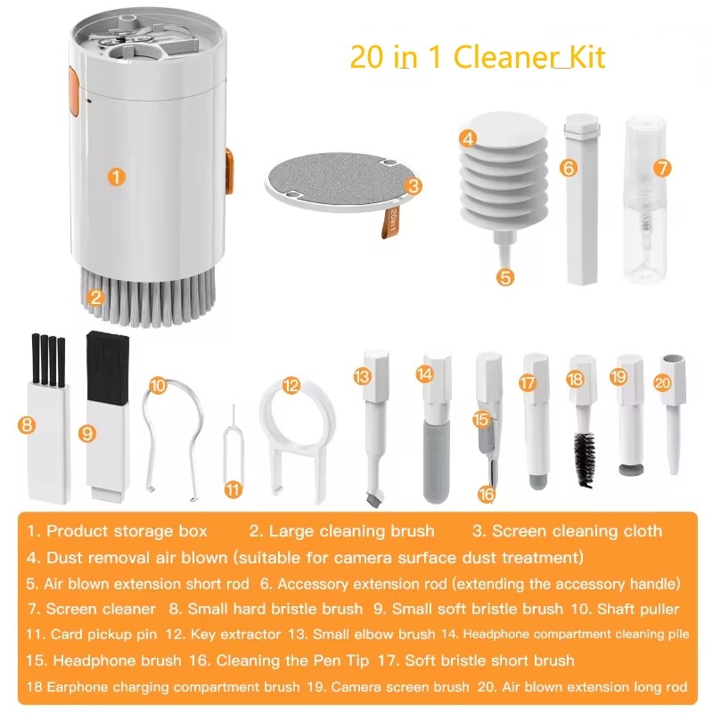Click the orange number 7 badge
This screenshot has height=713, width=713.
(x=660, y=167)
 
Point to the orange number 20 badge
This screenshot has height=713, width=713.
(x=661, y=382)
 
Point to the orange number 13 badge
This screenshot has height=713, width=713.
(x=361, y=377)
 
